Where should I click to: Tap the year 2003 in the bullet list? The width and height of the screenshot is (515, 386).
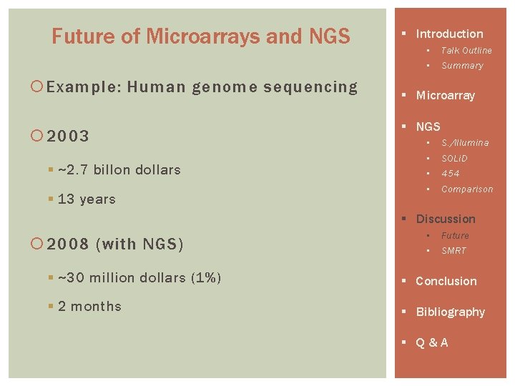click(x=69, y=137)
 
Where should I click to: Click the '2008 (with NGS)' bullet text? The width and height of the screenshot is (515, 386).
click(x=115, y=244)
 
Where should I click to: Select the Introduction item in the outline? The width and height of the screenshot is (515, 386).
click(x=449, y=34)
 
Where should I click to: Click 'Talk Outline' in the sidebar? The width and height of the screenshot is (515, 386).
click(x=466, y=51)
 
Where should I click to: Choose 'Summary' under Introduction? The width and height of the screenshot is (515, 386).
click(x=462, y=66)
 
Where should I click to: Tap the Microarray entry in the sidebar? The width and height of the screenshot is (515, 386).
click(x=445, y=96)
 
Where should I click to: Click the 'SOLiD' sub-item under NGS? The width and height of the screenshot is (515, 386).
click(x=454, y=158)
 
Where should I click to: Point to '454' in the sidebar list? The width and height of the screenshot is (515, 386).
click(x=451, y=174)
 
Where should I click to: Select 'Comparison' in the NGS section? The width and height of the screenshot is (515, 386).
click(x=467, y=189)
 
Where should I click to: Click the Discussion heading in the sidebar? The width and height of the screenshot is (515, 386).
click(x=445, y=219)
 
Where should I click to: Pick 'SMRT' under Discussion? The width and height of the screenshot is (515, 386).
click(x=453, y=251)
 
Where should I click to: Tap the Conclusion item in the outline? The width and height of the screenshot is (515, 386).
click(x=446, y=282)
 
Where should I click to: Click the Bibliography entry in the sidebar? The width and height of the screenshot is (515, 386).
click(x=450, y=312)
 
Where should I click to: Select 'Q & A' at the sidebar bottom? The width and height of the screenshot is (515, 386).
click(x=432, y=343)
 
